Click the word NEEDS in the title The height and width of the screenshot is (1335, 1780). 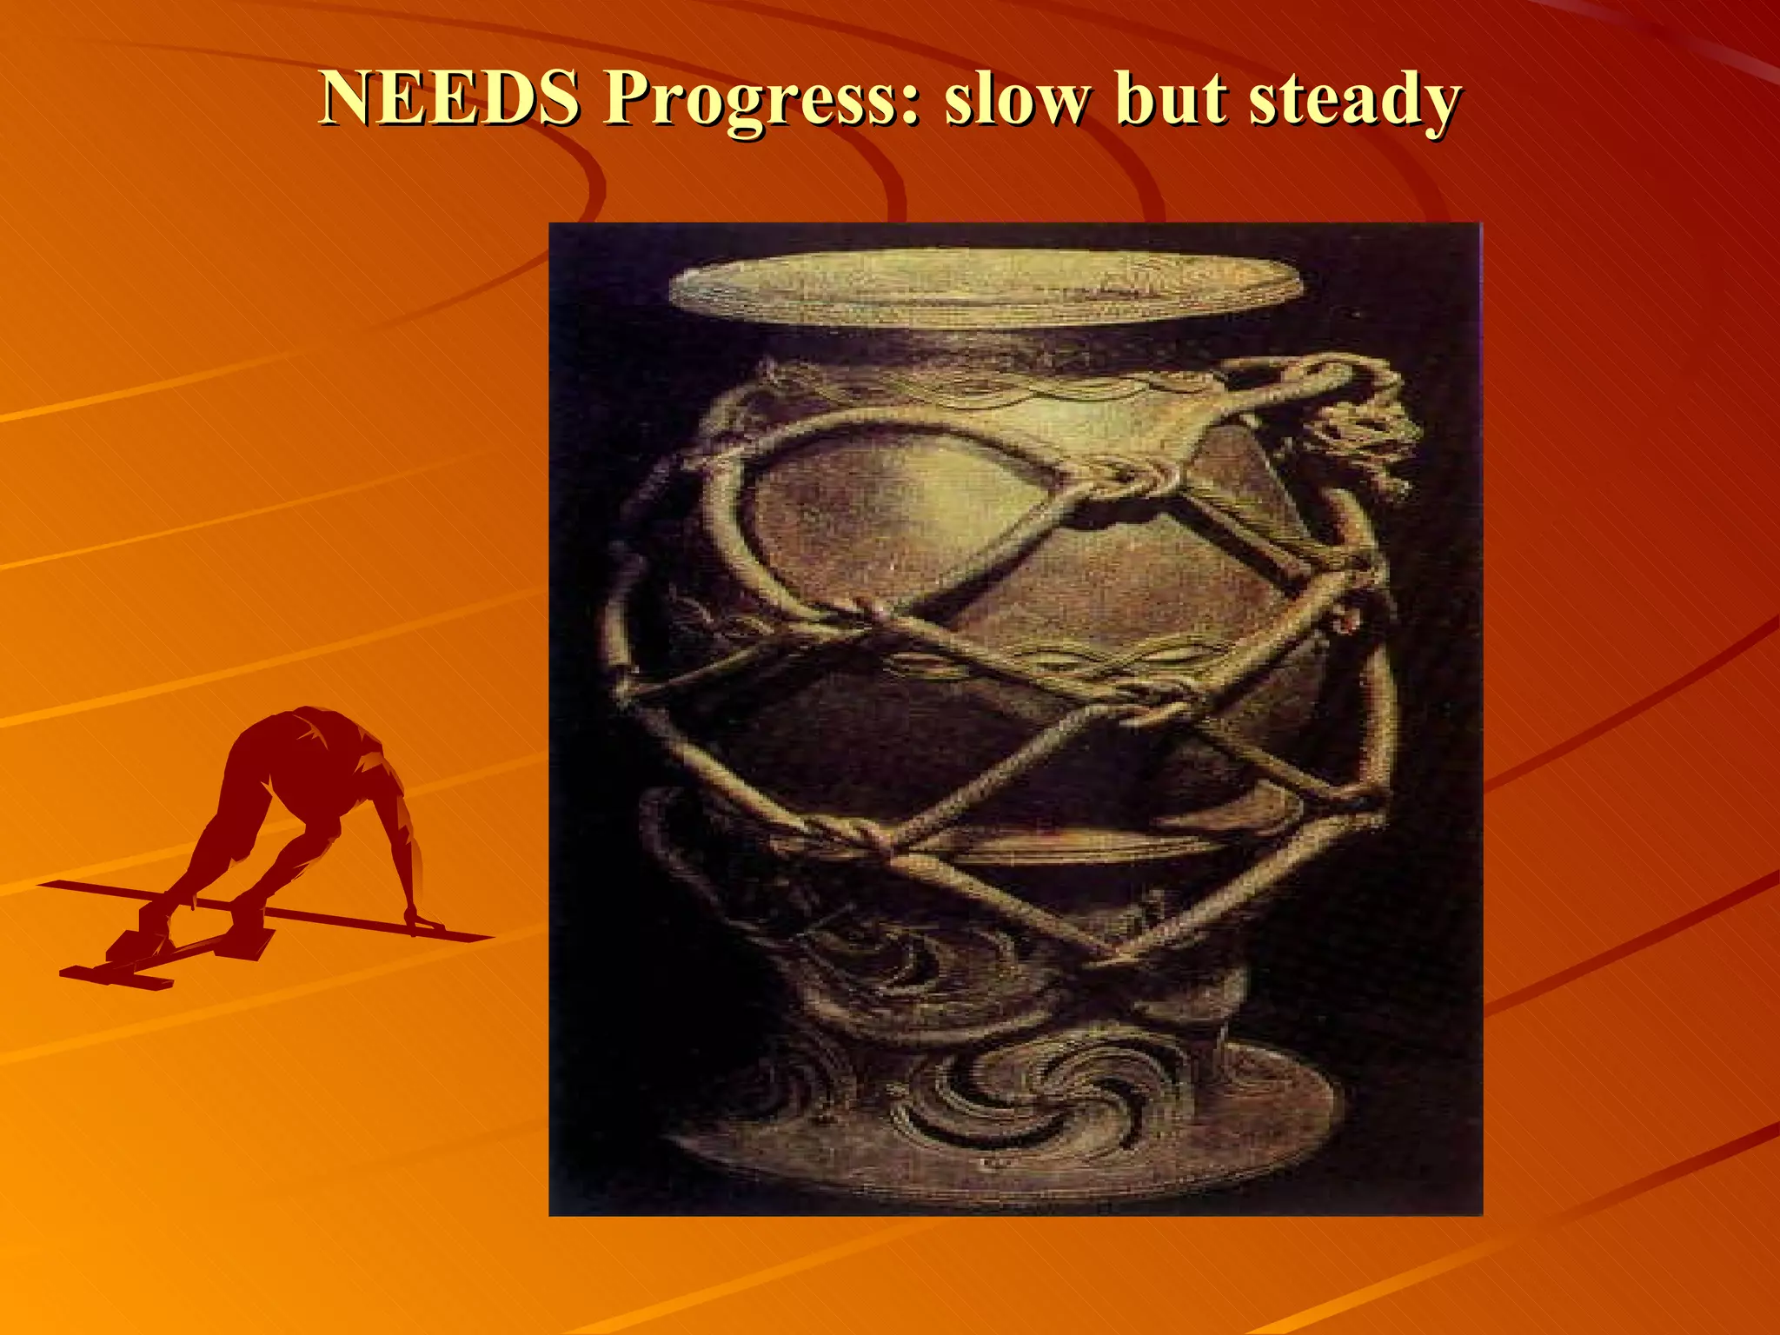tap(449, 97)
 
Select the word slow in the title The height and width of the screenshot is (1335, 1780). tap(1014, 99)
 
